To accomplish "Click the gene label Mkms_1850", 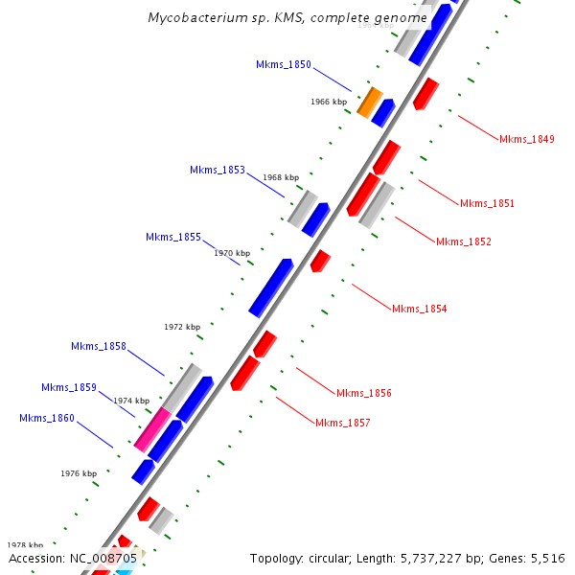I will click(x=284, y=64).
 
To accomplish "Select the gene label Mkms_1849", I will click(x=526, y=140).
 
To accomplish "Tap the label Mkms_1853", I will click(x=218, y=170).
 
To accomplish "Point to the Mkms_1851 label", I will click(x=487, y=203).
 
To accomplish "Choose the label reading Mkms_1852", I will click(x=464, y=241).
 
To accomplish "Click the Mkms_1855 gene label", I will click(x=173, y=237).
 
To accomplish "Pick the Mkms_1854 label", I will click(x=419, y=309).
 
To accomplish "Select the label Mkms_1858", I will click(x=99, y=346).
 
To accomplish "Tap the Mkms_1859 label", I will click(x=69, y=387).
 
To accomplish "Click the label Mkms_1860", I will click(x=47, y=418).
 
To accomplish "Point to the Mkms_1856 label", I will click(x=363, y=393).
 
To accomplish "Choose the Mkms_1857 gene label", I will click(x=342, y=423).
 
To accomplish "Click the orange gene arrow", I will click(x=369, y=101).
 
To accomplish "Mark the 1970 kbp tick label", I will click(x=232, y=253).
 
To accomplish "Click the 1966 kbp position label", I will click(x=329, y=101).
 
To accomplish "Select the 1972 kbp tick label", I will click(x=182, y=327).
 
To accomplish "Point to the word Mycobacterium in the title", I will click(x=196, y=18).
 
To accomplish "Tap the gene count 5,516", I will click(x=545, y=558).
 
